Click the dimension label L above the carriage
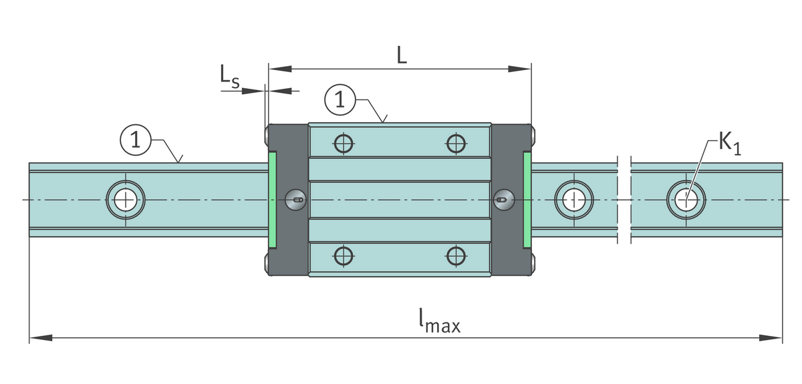[401, 55]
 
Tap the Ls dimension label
[229, 77]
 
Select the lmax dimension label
[439, 323]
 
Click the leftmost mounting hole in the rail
[124, 198]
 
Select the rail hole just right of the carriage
[573, 198]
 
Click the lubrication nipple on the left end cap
[295, 198]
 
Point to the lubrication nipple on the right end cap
[504, 198]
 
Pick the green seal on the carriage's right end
[527, 198]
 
